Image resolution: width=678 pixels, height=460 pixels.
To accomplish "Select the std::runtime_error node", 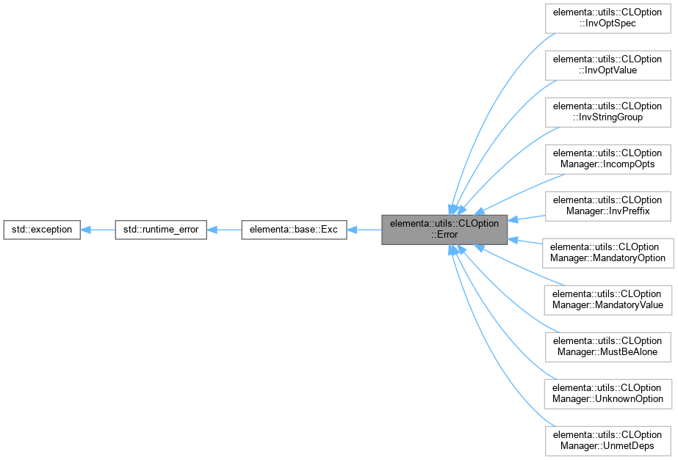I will (161, 230).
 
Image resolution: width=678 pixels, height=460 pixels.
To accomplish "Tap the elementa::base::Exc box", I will (294, 230).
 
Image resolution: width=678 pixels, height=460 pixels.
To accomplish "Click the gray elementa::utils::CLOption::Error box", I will (444, 230).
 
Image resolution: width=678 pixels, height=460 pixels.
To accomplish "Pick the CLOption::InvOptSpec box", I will (607, 18).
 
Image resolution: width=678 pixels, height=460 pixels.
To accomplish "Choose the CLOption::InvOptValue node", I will (607, 65).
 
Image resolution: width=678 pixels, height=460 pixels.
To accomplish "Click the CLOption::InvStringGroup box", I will (607, 112).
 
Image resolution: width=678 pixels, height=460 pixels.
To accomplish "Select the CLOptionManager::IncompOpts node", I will (607, 158).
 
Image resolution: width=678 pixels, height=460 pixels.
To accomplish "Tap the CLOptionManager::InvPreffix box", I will (607, 206).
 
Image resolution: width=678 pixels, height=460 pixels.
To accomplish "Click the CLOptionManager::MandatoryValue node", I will (607, 299).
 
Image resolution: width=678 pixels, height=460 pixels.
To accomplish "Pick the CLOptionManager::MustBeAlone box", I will (607, 346).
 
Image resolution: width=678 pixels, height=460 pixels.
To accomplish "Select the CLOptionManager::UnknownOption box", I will (607, 393).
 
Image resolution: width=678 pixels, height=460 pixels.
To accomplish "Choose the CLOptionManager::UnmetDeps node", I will (607, 440).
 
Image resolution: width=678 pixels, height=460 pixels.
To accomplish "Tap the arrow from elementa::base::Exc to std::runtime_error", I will (224, 230).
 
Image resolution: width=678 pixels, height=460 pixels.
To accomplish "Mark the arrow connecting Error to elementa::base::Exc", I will (364, 230).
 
